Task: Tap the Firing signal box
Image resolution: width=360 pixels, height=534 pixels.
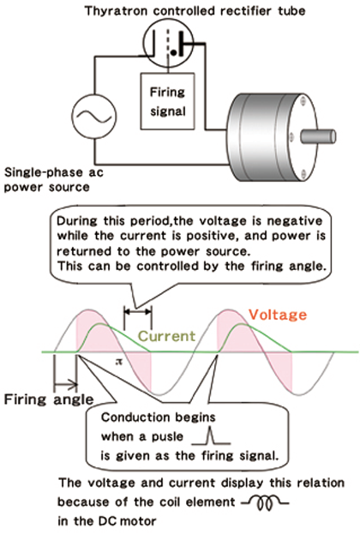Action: point(167,101)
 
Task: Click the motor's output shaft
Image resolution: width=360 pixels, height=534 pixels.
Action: point(318,136)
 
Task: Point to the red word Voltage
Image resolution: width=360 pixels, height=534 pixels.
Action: point(278,315)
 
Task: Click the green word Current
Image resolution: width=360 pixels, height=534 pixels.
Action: point(166,336)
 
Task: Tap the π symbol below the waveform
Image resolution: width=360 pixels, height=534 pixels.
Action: point(118,362)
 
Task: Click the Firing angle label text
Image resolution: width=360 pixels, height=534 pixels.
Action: point(49,399)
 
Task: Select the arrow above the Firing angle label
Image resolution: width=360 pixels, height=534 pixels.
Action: point(65,385)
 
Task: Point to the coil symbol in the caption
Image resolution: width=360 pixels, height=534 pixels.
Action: point(265,502)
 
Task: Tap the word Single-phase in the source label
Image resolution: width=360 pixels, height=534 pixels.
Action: point(44,172)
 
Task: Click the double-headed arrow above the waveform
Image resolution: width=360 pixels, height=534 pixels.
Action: point(138,311)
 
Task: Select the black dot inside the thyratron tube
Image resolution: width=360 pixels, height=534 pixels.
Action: point(174,52)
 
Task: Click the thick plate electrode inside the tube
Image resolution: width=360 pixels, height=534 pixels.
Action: point(182,43)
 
